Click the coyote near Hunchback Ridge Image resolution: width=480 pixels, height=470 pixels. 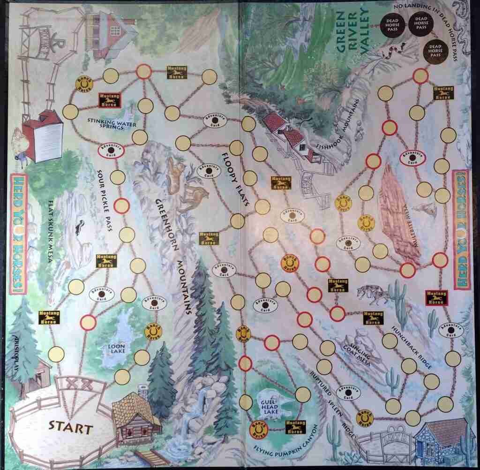pos(373,295)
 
